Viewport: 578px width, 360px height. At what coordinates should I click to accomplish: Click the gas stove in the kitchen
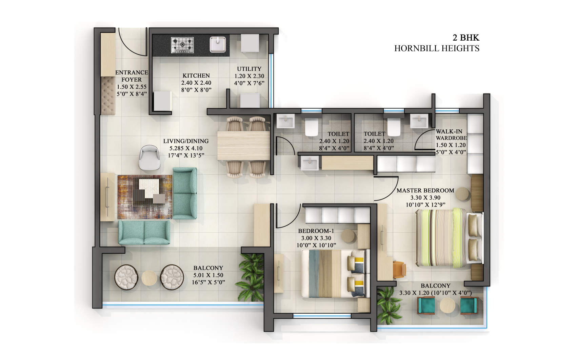pyautogui.click(x=182, y=45)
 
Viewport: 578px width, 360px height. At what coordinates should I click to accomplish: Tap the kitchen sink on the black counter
pyautogui.click(x=218, y=45)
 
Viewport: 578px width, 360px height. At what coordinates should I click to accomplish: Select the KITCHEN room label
pyautogui.click(x=196, y=76)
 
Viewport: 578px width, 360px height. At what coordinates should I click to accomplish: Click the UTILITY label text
pyautogui.click(x=249, y=69)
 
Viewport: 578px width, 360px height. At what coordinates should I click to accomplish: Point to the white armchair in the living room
pyautogui.click(x=150, y=157)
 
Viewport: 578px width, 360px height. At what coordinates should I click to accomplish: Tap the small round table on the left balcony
pyautogui.click(x=149, y=278)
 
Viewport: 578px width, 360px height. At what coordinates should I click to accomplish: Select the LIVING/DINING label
pyautogui.click(x=186, y=141)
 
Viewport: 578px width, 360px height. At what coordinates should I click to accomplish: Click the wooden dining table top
pyautogui.click(x=243, y=145)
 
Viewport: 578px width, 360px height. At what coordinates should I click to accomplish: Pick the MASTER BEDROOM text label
pyautogui.click(x=425, y=190)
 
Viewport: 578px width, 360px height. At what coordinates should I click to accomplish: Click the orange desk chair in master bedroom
pyautogui.click(x=400, y=269)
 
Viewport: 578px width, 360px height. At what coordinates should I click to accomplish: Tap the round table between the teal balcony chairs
pyautogui.click(x=447, y=305)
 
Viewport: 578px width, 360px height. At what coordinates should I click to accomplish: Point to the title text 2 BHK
pyautogui.click(x=466, y=38)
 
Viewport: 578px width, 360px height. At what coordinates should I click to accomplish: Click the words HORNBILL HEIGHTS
pyautogui.click(x=437, y=48)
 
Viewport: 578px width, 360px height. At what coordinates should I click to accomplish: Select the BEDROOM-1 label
pyautogui.click(x=316, y=231)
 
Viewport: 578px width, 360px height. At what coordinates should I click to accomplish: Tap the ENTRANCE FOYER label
pyautogui.click(x=132, y=76)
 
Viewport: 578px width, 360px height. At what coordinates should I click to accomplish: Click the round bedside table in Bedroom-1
pyautogui.click(x=348, y=236)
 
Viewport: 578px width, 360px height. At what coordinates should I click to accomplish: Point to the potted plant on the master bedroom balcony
pyautogui.click(x=389, y=305)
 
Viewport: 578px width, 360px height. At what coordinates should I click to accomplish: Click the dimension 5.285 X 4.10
pyautogui.click(x=186, y=148)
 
